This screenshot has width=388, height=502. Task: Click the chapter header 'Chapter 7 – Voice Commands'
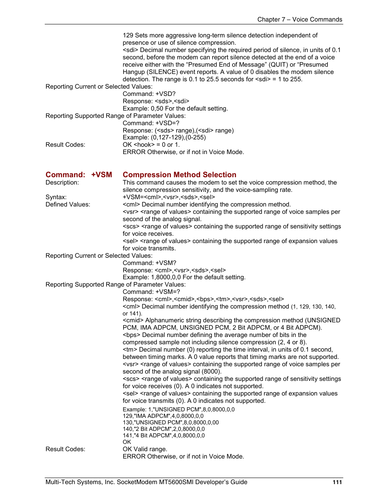(x=299, y=20)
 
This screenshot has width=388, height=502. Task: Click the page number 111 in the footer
(x=337, y=482)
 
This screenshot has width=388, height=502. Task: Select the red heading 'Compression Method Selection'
(x=179, y=175)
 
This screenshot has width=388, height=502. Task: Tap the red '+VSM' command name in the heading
(x=101, y=175)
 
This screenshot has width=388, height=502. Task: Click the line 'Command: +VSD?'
(x=149, y=94)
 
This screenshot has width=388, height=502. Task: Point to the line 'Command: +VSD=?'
(x=151, y=123)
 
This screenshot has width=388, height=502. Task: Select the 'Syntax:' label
(x=56, y=197)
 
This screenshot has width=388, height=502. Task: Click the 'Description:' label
(x=62, y=183)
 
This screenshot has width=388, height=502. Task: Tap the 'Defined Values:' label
(x=68, y=204)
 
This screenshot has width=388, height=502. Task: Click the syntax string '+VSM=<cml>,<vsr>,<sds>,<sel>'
(x=169, y=197)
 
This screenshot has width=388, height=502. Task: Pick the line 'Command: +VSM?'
(x=150, y=263)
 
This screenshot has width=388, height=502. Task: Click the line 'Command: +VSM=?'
(x=151, y=292)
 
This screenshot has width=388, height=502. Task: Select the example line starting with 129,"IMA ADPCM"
(x=163, y=416)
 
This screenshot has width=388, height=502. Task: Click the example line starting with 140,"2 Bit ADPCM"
(x=163, y=429)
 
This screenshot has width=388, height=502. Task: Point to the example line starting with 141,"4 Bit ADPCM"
(x=163, y=435)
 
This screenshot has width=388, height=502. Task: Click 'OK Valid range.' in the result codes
(x=145, y=449)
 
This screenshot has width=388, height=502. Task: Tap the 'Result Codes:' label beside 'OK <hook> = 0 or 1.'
(x=65, y=145)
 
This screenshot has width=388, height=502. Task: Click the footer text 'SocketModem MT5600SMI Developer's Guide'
(x=182, y=482)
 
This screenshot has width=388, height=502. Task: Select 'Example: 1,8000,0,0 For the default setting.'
(x=184, y=277)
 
